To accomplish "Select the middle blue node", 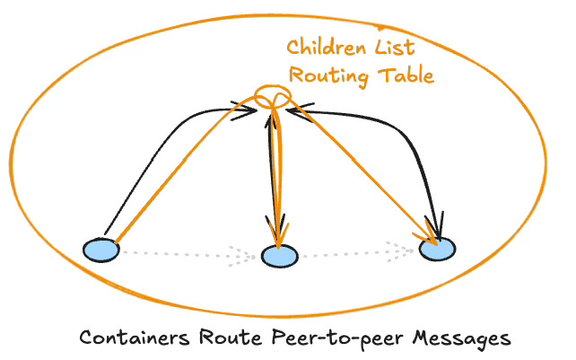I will (278, 257).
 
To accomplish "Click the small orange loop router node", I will (272, 97).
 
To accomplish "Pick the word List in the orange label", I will (393, 48).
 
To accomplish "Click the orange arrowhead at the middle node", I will (279, 235).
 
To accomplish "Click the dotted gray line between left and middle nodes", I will (179, 253).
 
